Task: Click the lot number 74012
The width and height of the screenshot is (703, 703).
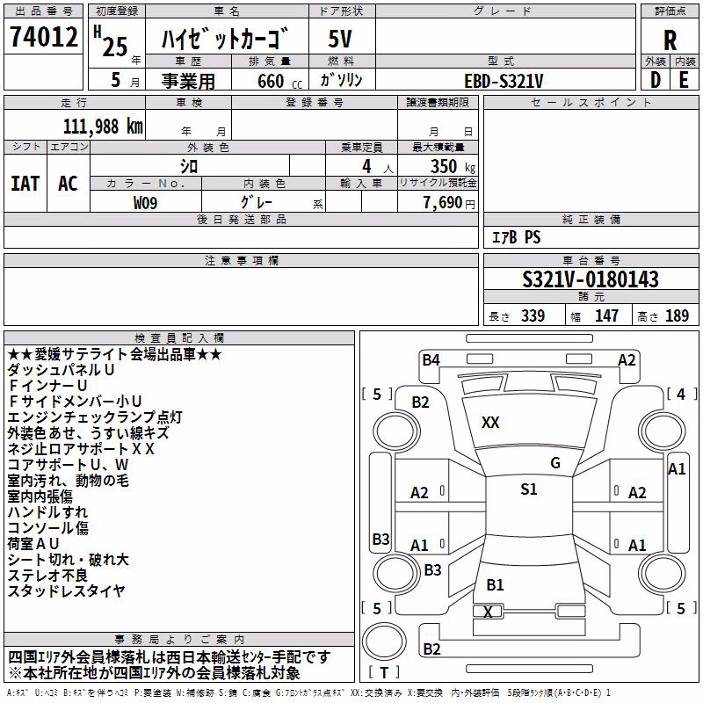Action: pyautogui.click(x=43, y=36)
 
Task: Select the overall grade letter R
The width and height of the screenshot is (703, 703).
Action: pyautogui.click(x=670, y=40)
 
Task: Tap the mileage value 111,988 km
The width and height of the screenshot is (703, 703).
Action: pyautogui.click(x=103, y=127)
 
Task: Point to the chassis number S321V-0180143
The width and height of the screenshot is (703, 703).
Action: pyautogui.click(x=591, y=279)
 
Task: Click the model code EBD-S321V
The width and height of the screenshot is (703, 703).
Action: pyautogui.click(x=504, y=81)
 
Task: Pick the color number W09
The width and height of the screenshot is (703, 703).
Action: pyautogui.click(x=145, y=203)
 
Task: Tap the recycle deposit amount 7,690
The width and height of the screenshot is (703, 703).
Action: pyautogui.click(x=443, y=203)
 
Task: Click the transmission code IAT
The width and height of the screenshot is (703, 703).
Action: pyautogui.click(x=25, y=184)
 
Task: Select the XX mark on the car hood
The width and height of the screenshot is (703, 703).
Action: pyautogui.click(x=490, y=423)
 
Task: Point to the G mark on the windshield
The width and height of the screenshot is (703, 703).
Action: pyautogui.click(x=555, y=463)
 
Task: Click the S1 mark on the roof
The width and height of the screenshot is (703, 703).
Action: pyautogui.click(x=529, y=489)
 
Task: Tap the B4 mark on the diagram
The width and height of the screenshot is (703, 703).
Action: pyautogui.click(x=431, y=360)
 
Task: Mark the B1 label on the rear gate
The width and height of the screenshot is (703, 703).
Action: pyautogui.click(x=495, y=585)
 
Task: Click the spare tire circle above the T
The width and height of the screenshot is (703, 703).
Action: pyautogui.click(x=384, y=641)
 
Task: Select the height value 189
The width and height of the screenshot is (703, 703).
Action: pyautogui.click(x=677, y=315)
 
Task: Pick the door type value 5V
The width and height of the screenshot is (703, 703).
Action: pyautogui.click(x=340, y=39)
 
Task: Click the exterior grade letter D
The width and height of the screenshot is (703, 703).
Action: pyautogui.click(x=656, y=80)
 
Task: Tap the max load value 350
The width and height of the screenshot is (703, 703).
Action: pyautogui.click(x=444, y=166)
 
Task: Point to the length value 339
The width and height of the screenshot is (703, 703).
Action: pyautogui.click(x=533, y=315)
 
